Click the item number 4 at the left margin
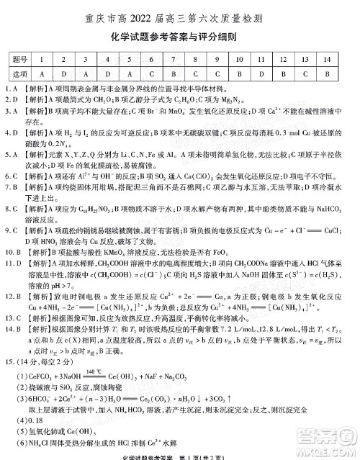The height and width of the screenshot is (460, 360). coord(6,132)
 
